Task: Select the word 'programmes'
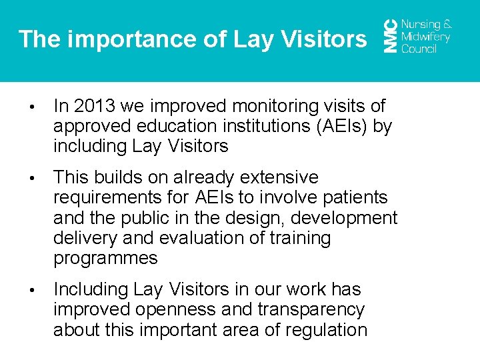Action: (x=105, y=258)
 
